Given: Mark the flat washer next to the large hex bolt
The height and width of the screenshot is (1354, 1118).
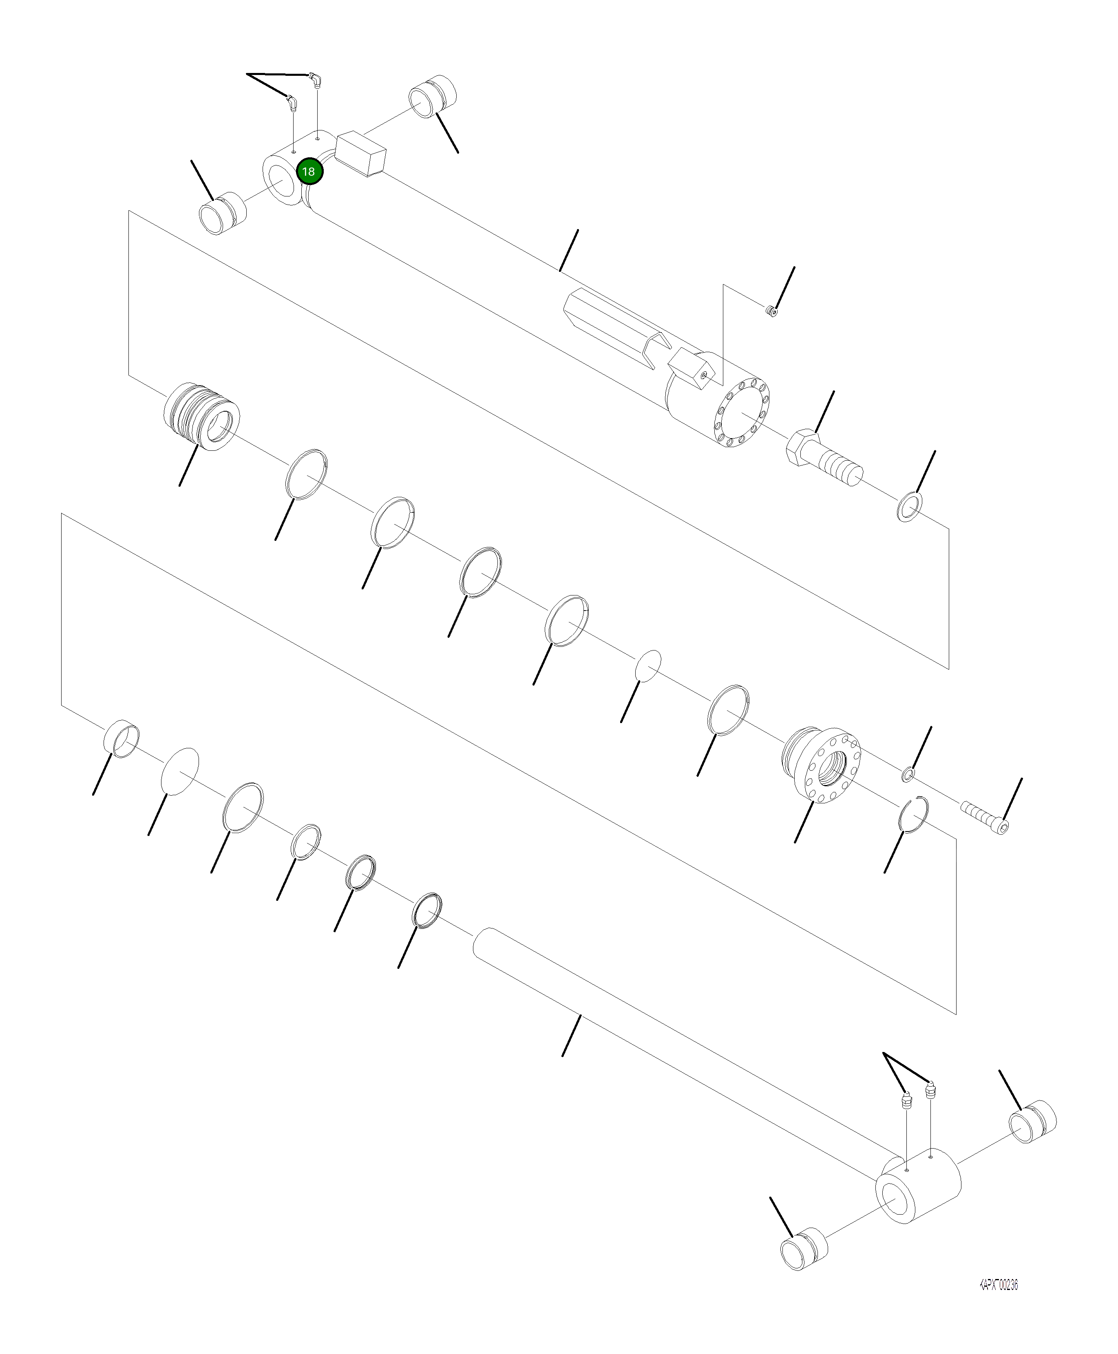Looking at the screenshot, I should point(909,506).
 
